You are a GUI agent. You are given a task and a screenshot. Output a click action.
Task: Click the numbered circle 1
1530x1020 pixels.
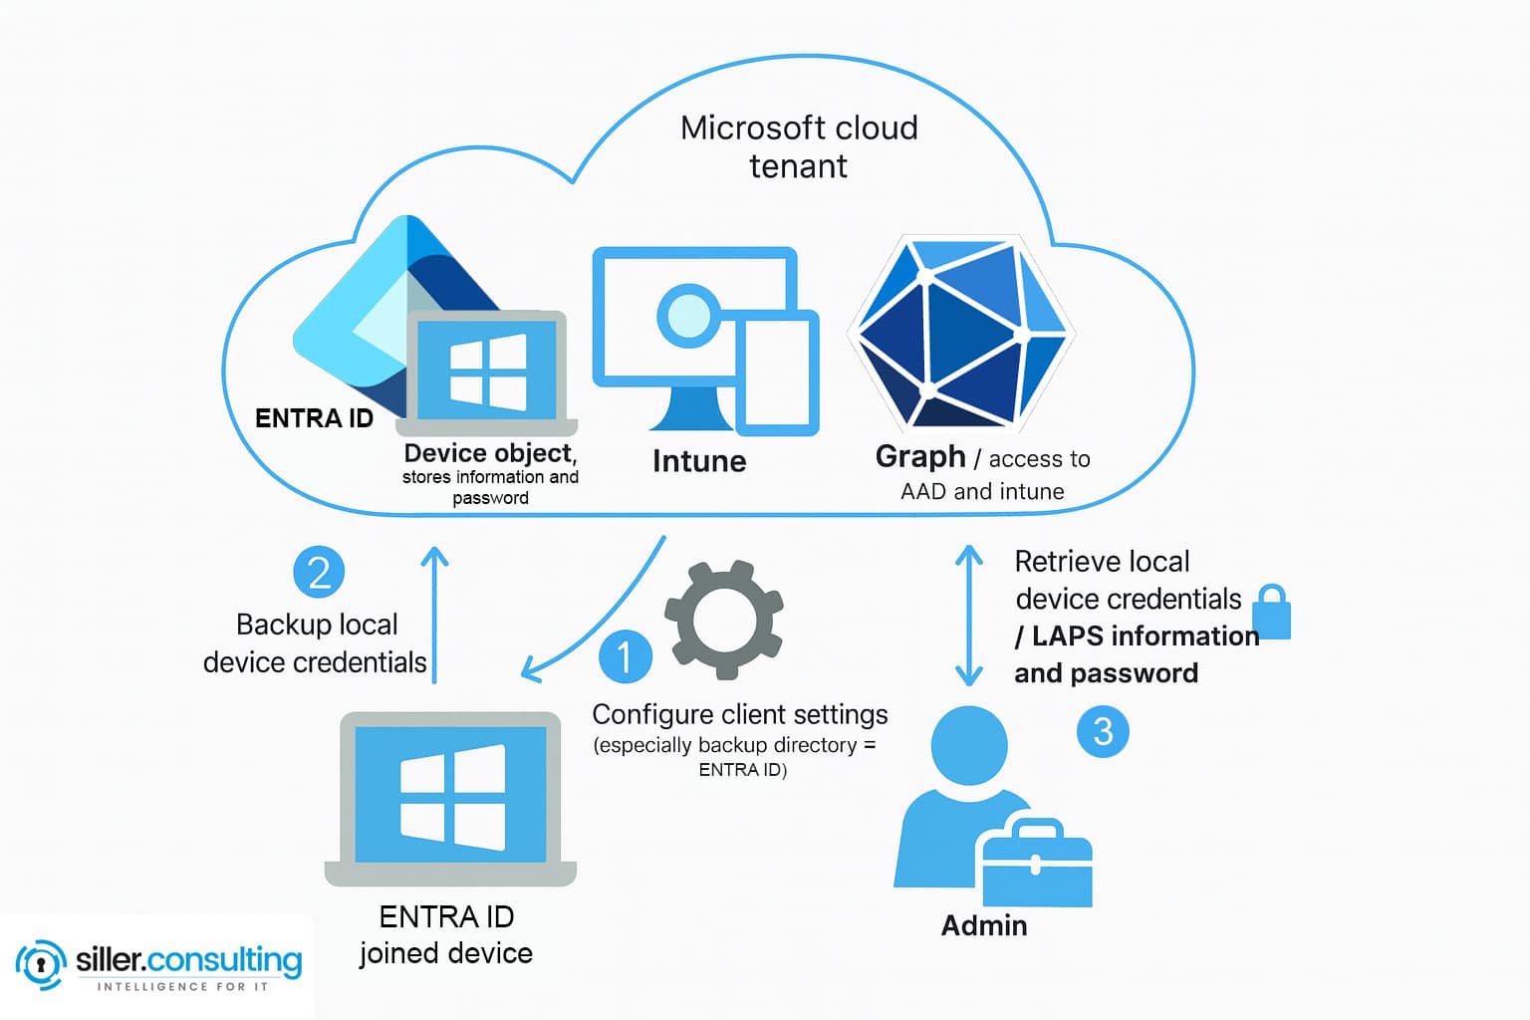[x=626, y=656]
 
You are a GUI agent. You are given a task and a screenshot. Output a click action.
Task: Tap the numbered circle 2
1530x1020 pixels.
[x=319, y=572]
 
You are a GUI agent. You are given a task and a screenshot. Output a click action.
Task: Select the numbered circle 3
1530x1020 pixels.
[x=1103, y=731]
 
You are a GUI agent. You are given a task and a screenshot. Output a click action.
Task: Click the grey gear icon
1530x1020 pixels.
[x=724, y=620]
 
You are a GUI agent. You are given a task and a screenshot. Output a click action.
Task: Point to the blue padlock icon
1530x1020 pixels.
[x=1272, y=613]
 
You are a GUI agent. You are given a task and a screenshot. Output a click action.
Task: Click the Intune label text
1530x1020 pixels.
[x=699, y=461]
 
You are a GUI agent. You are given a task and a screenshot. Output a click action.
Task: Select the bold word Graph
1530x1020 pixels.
[x=920, y=456]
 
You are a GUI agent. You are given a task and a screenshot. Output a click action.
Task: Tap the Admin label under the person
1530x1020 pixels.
[x=984, y=925]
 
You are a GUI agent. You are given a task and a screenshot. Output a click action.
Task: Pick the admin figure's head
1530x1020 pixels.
[x=969, y=745]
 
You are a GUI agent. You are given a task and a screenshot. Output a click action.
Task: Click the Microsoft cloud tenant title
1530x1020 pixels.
[x=799, y=146]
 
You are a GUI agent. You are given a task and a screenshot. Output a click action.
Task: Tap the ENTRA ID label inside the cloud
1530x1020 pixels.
[x=314, y=418]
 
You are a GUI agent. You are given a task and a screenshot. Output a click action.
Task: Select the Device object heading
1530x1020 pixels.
[x=490, y=453]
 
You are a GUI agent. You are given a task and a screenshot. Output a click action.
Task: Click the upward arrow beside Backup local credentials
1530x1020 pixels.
[x=435, y=614]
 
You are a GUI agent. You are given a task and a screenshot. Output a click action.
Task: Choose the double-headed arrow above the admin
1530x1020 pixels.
[x=969, y=616]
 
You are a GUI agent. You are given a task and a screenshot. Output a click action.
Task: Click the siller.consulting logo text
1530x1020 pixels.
[x=188, y=960]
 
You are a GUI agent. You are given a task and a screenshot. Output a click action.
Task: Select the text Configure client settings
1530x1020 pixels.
[x=740, y=714]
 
